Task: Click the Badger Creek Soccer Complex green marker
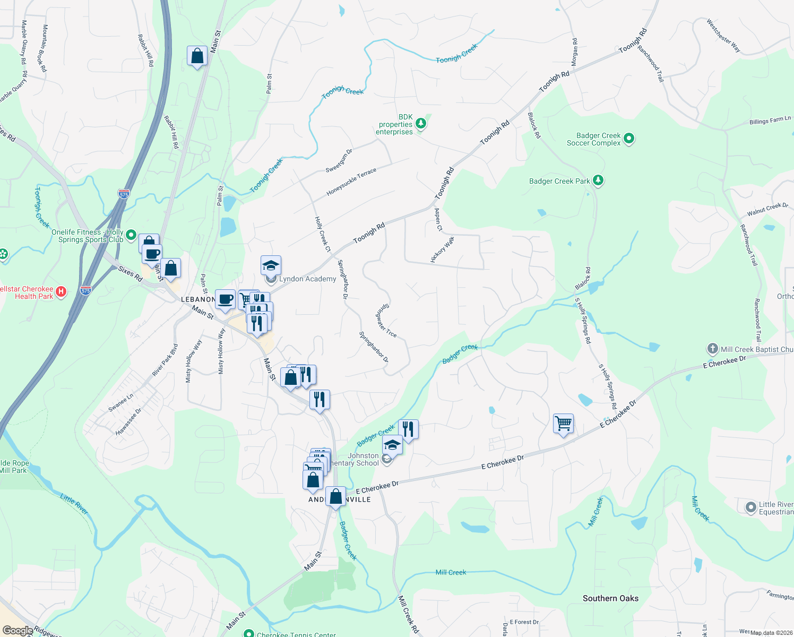(x=629, y=139)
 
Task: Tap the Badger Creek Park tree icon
(x=598, y=180)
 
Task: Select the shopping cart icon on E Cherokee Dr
(x=563, y=424)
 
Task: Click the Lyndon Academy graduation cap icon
(x=271, y=265)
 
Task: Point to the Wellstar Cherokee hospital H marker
(x=61, y=291)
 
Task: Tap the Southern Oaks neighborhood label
(x=610, y=598)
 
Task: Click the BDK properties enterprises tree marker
(x=421, y=124)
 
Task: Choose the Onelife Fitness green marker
(x=131, y=235)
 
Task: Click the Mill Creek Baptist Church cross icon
(x=712, y=349)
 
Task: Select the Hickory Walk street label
(x=442, y=249)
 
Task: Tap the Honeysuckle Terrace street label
(x=351, y=182)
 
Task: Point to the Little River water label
(x=74, y=504)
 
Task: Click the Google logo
(x=18, y=631)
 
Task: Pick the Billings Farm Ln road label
(x=770, y=121)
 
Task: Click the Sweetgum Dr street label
(x=339, y=161)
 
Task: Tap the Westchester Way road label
(x=723, y=36)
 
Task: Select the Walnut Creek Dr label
(x=767, y=209)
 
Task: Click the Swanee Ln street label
(x=120, y=402)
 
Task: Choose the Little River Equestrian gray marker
(x=750, y=507)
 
